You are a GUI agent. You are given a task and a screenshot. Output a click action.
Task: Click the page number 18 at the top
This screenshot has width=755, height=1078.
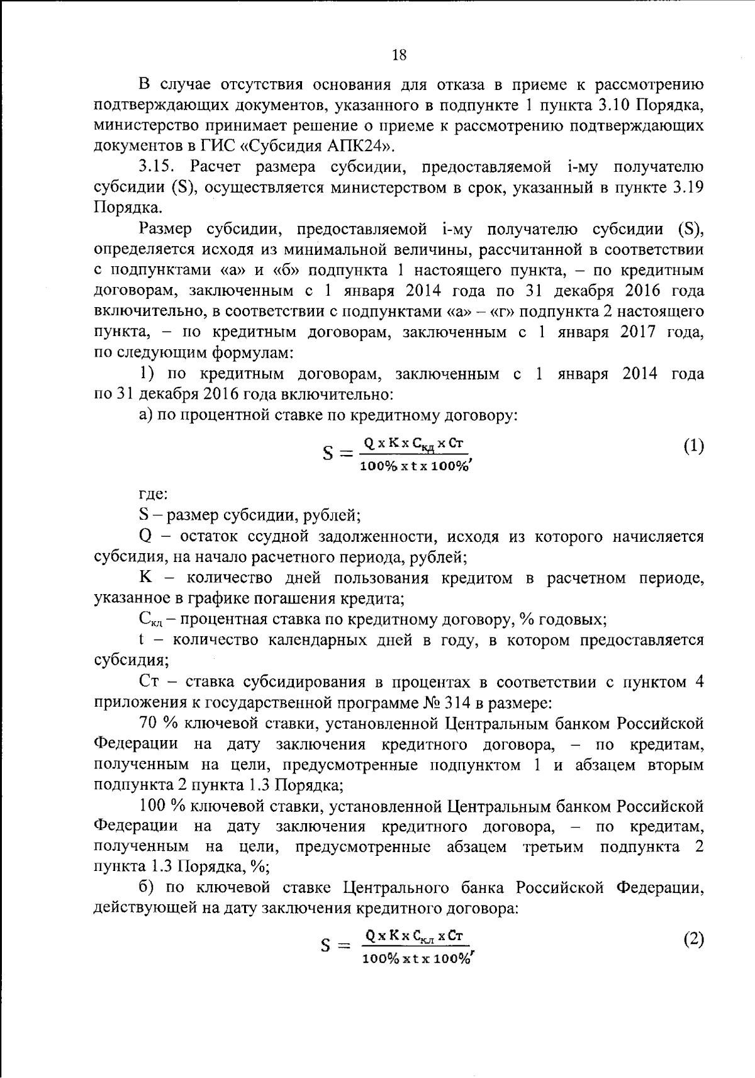pos(399,55)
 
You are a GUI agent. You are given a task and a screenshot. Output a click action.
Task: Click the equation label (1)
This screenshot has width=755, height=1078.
pos(693,446)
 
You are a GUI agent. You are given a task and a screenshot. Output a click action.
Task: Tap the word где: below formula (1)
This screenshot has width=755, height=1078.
pos(153,496)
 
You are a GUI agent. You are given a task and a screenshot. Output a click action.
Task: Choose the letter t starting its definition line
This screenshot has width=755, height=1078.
pos(142,640)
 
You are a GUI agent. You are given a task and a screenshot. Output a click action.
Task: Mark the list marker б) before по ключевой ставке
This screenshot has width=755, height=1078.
pos(147,888)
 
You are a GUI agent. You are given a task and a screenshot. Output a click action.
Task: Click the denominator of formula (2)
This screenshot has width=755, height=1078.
pos(415,958)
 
